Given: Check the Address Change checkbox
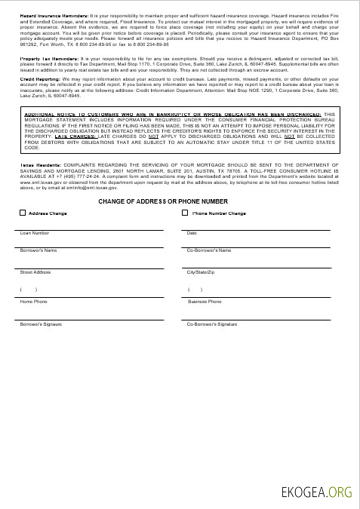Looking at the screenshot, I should point(23,213).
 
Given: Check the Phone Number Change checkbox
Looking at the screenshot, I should point(186,213).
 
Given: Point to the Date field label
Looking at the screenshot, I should point(192,233).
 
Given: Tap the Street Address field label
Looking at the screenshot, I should point(35,271).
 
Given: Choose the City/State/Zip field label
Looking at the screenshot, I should point(201,271).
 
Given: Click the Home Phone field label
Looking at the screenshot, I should point(33,302).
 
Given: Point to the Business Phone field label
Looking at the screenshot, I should point(204,302).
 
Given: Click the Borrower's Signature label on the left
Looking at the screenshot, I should point(41,323).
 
